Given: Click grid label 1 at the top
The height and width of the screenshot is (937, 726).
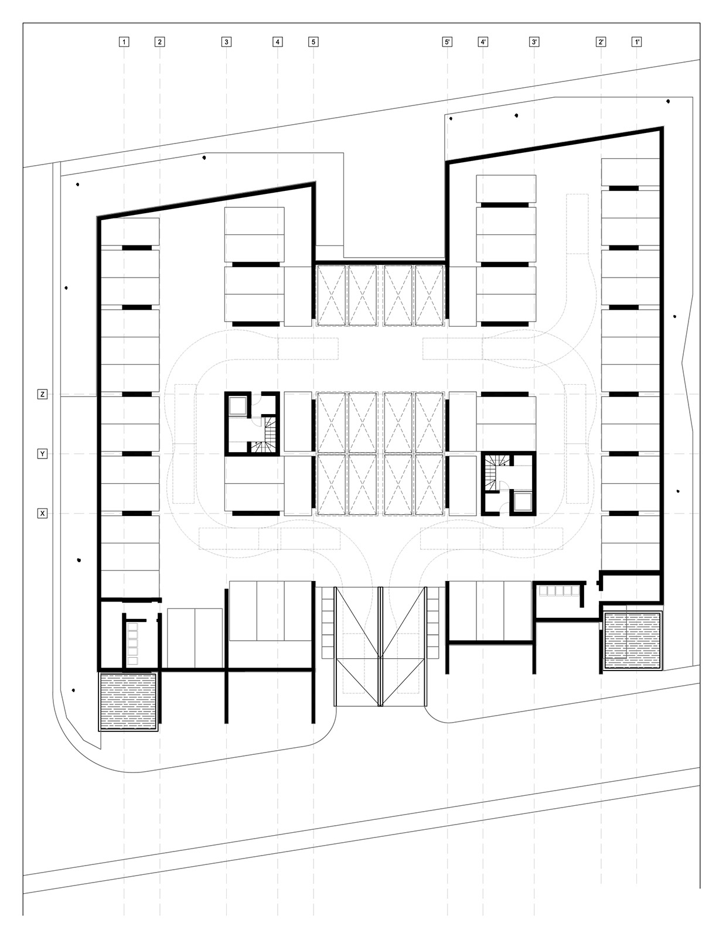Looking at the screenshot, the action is pyautogui.click(x=124, y=42).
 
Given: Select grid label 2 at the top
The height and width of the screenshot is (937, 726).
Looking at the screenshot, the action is pyautogui.click(x=159, y=42).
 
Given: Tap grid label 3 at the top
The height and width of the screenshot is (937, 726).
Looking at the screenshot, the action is pyautogui.click(x=226, y=42).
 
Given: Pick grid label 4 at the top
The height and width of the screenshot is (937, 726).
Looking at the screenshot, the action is pyautogui.click(x=278, y=42).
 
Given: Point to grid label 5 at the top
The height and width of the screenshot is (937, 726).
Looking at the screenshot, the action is pyautogui.click(x=313, y=42).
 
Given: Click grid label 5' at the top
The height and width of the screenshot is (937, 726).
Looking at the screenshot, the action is pyautogui.click(x=447, y=42).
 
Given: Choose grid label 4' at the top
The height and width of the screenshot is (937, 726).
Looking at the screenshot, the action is pyautogui.click(x=483, y=42).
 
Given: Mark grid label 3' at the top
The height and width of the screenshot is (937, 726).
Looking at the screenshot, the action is pyautogui.click(x=534, y=42).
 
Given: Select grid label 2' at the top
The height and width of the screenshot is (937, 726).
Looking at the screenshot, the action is pyautogui.click(x=601, y=42).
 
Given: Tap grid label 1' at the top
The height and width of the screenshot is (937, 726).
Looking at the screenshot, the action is pyautogui.click(x=637, y=42).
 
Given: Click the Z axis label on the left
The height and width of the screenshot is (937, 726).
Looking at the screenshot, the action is pyautogui.click(x=42, y=394).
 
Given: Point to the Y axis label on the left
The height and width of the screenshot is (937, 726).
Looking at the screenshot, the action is pyautogui.click(x=42, y=454).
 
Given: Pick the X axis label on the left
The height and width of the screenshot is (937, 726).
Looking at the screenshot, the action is pyautogui.click(x=42, y=514).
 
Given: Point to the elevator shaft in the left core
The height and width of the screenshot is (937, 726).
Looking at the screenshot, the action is pyautogui.click(x=237, y=406).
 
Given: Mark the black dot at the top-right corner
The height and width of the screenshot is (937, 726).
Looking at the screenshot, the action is pyautogui.click(x=668, y=101).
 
